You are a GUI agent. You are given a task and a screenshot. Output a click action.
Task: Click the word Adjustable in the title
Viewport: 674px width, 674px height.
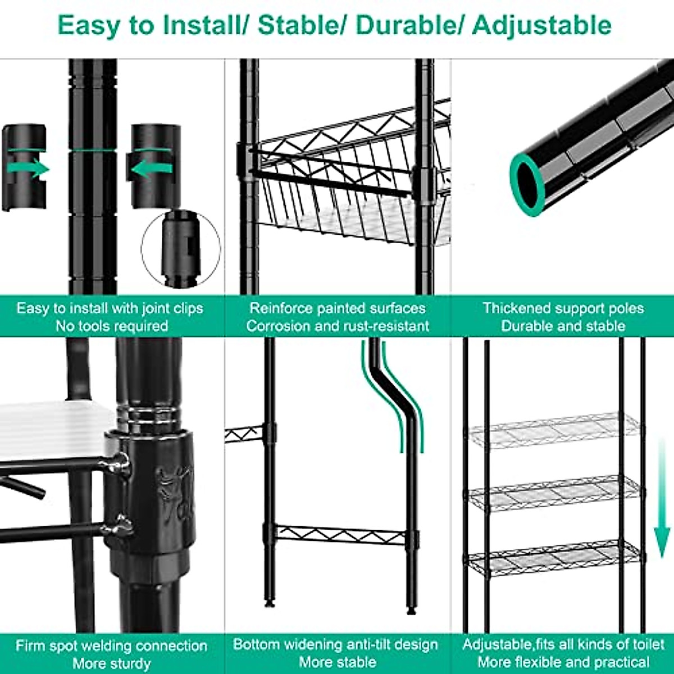pos(541,25)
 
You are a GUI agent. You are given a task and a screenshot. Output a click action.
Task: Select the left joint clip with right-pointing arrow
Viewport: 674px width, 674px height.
pos(25,167)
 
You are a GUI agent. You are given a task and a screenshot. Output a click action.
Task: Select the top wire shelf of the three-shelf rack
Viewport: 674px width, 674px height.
pos(553,430)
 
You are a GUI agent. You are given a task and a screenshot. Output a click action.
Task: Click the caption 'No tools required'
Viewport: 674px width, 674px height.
pos(112,326)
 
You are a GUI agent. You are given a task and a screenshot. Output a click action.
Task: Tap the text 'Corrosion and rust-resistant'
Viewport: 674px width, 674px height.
pos(338,326)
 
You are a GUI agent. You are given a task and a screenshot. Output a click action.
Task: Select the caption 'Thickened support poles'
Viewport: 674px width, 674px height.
pos(563,308)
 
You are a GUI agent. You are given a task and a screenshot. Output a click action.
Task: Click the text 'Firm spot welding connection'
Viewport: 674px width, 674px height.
pos(112,645)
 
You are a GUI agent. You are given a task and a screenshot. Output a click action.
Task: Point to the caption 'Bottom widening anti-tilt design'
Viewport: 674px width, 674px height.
pos(335,644)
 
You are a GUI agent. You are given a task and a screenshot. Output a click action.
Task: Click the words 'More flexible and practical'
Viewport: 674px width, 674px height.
pos(563,662)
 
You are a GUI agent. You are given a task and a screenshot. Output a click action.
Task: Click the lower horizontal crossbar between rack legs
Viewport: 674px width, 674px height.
pos(341,535)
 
